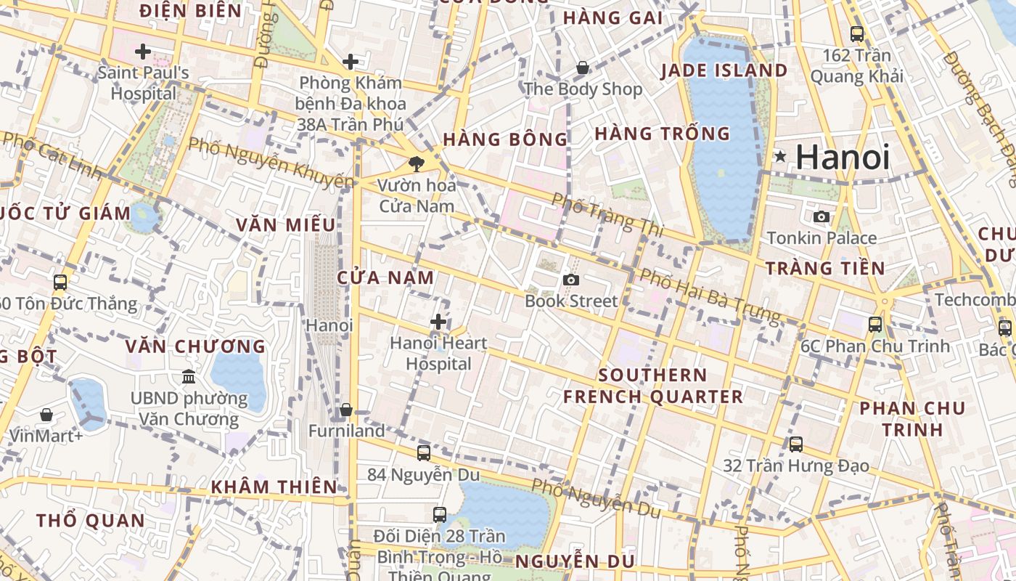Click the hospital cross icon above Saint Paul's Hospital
coord(143,52)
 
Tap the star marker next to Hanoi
coord(780,156)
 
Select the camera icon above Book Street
coord(571,280)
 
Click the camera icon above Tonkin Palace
coord(822,216)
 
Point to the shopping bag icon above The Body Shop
coord(582,68)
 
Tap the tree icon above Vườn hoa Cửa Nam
coord(417,163)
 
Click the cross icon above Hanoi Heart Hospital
coord(438,322)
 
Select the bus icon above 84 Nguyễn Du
coord(424,453)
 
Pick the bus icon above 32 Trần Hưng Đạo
coord(796,444)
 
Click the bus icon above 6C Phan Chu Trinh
coord(875,325)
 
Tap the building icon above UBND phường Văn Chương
coord(189,377)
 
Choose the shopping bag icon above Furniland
coord(346,410)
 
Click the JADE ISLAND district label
coord(724,70)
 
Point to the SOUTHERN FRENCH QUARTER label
coord(652,386)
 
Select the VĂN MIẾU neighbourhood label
coord(285,225)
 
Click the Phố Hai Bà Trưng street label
coord(709,296)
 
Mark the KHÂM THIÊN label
coord(274,487)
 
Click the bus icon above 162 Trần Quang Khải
coord(857,33)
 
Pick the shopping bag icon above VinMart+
coord(46,415)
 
